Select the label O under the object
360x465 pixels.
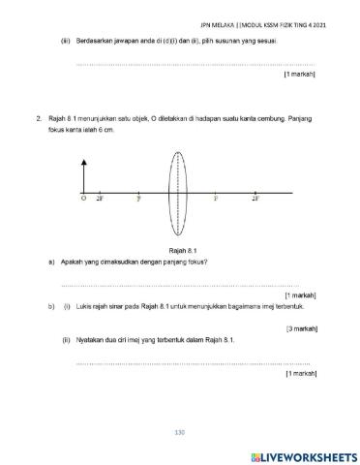pyautogui.click(x=83, y=198)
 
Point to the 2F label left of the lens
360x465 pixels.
pyautogui.click(x=100, y=198)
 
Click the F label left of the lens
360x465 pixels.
pyautogui.click(x=138, y=198)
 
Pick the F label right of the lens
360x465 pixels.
pyautogui.click(x=215, y=198)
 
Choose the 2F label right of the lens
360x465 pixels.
pyautogui.click(x=255, y=198)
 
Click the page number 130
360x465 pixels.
pyautogui.click(x=179, y=431)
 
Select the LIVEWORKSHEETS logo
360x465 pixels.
pyautogui.click(x=303, y=455)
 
